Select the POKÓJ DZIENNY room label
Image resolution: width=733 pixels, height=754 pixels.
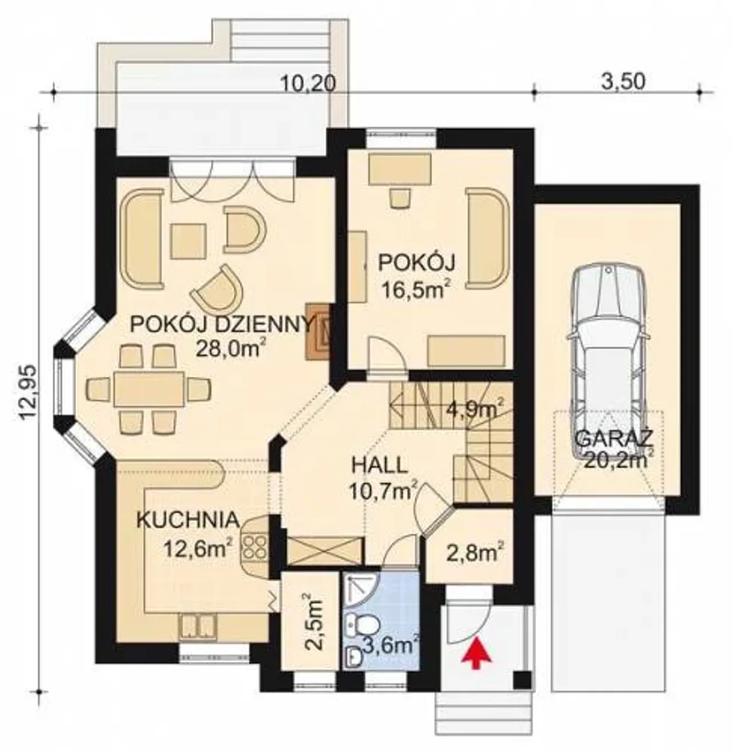[x=220, y=325]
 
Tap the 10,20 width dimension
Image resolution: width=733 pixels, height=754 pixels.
[x=308, y=84]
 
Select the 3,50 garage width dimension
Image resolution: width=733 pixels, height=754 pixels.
[x=623, y=82]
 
